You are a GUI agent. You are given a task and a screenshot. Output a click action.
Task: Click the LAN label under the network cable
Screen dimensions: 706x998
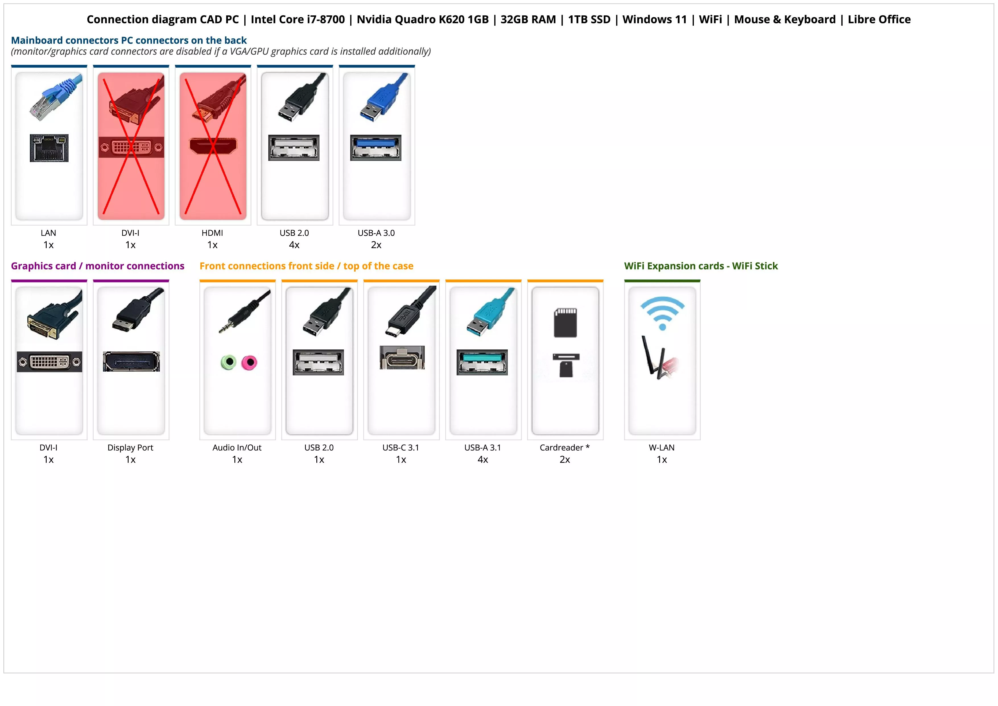(48, 233)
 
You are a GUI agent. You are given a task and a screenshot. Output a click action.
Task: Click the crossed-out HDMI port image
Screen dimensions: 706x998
(213, 146)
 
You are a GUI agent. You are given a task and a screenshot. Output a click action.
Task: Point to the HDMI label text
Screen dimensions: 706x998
(212, 233)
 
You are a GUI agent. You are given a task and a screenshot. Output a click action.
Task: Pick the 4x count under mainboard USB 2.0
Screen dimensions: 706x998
(294, 245)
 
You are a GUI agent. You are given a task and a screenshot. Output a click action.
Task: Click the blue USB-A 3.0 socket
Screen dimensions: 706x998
(376, 148)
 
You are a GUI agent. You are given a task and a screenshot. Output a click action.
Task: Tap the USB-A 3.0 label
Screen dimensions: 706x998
(376, 233)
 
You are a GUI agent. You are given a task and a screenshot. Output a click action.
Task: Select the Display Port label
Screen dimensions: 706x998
(130, 448)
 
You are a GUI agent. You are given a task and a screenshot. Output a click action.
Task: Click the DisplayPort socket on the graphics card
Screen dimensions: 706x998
(131, 361)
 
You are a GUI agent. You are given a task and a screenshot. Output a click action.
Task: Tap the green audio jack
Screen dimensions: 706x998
(229, 362)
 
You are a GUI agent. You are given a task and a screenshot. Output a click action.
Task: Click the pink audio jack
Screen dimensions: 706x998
(250, 362)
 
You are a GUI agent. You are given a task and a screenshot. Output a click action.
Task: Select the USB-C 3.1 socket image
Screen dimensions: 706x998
(402, 358)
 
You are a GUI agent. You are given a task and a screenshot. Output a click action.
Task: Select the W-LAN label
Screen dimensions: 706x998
(661, 448)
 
